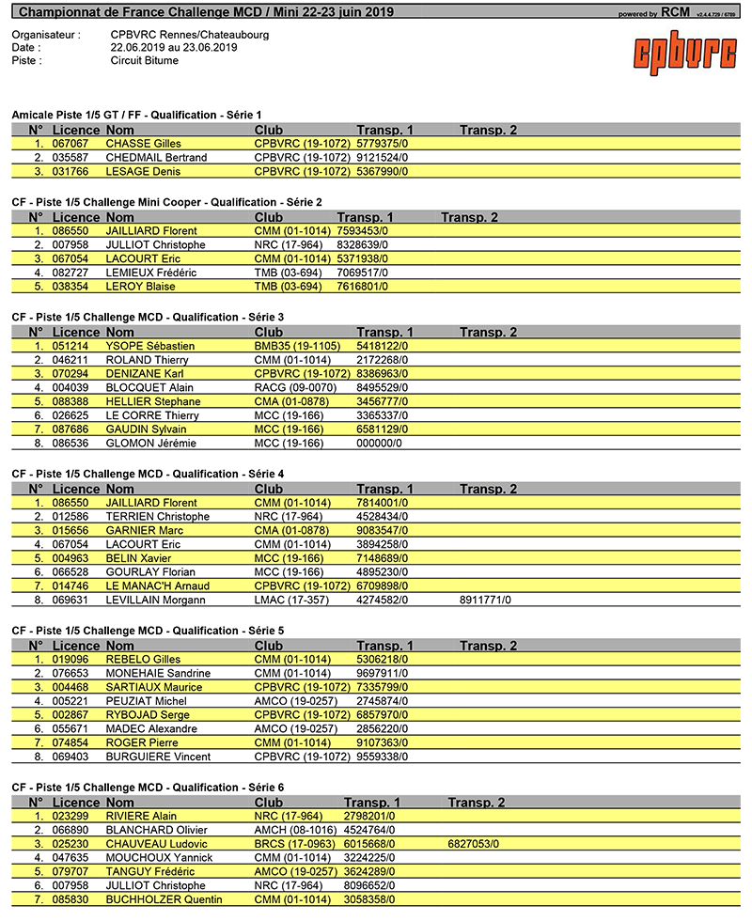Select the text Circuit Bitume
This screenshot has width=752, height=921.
point(144,61)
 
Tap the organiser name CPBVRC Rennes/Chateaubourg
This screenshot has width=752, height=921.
point(189,35)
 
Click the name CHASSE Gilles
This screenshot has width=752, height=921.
point(143,144)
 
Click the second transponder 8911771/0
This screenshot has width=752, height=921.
point(492,600)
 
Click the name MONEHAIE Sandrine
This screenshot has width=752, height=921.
point(160,674)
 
